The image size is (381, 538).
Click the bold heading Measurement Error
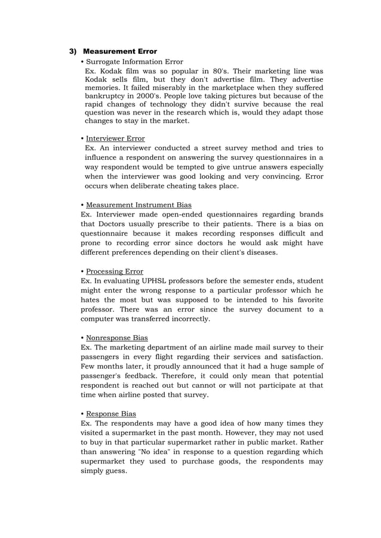click(x=119, y=52)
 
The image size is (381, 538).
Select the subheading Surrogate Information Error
click(x=134, y=61)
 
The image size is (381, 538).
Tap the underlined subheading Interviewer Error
click(x=115, y=138)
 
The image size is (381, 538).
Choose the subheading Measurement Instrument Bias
click(x=139, y=205)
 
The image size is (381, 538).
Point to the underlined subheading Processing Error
click(x=115, y=271)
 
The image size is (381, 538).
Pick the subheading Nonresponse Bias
click(x=117, y=338)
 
